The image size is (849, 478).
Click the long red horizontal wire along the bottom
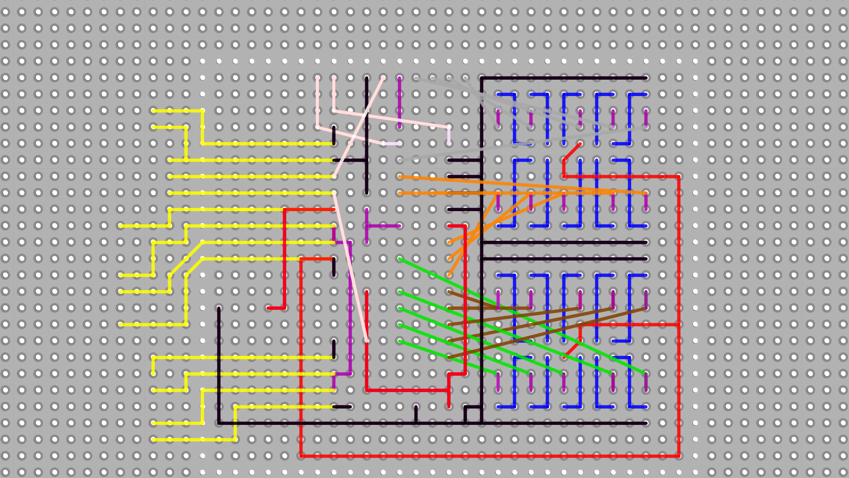pyautogui.click(x=486, y=455)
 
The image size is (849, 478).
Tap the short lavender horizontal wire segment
pyautogui.click(x=392, y=144)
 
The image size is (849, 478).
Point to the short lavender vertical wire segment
pyautogui.click(x=449, y=135)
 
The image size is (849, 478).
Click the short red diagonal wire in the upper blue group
pyautogui.click(x=572, y=152)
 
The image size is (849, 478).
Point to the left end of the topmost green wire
pyautogui.click(x=400, y=259)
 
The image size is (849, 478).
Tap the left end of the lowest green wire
pyautogui.click(x=400, y=341)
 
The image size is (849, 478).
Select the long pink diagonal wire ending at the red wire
pyautogui.click(x=350, y=266)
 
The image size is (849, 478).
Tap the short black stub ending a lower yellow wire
pyautogui.click(x=342, y=407)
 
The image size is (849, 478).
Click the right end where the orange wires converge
pyautogui.click(x=646, y=193)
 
